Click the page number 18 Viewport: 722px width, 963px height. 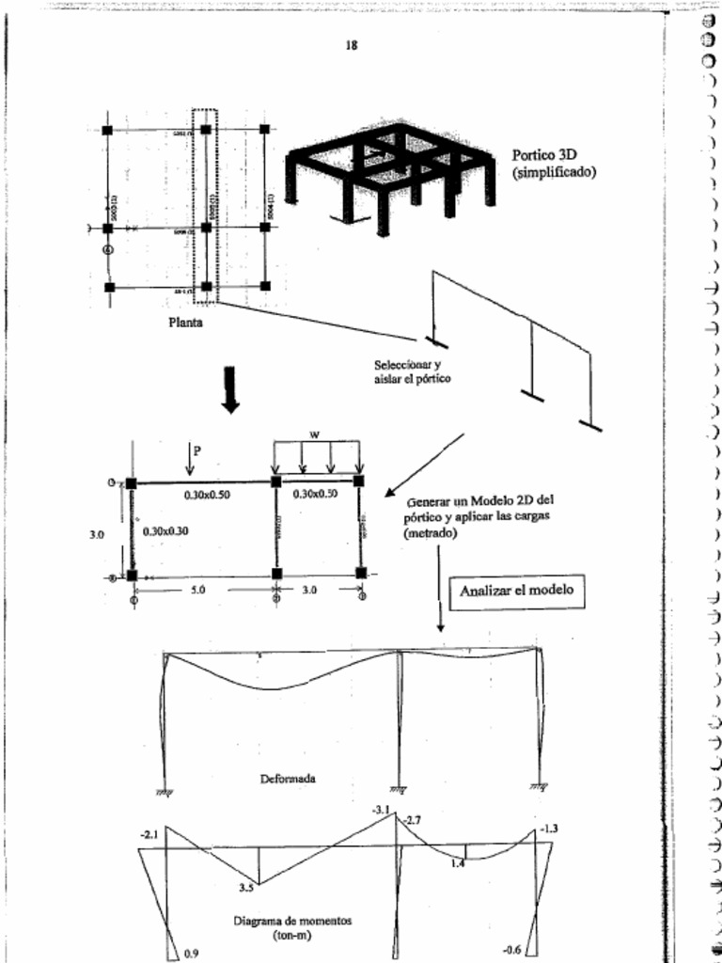(x=351, y=45)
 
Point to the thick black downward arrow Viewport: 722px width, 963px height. (x=229, y=389)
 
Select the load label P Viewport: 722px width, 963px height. (x=196, y=450)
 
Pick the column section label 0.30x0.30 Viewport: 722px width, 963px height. (x=165, y=531)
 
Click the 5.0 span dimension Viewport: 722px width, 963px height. (x=199, y=591)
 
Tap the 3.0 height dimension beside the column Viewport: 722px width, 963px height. (x=96, y=533)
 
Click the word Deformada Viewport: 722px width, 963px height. (x=288, y=779)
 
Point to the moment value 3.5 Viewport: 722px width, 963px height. (x=246, y=886)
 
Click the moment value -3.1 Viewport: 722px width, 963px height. (x=381, y=810)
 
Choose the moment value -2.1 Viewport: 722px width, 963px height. (x=149, y=834)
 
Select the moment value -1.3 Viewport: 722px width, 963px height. (x=550, y=829)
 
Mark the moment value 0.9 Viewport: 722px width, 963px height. (x=191, y=954)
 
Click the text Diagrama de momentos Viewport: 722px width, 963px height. (x=292, y=922)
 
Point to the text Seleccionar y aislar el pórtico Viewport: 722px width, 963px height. (x=413, y=371)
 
